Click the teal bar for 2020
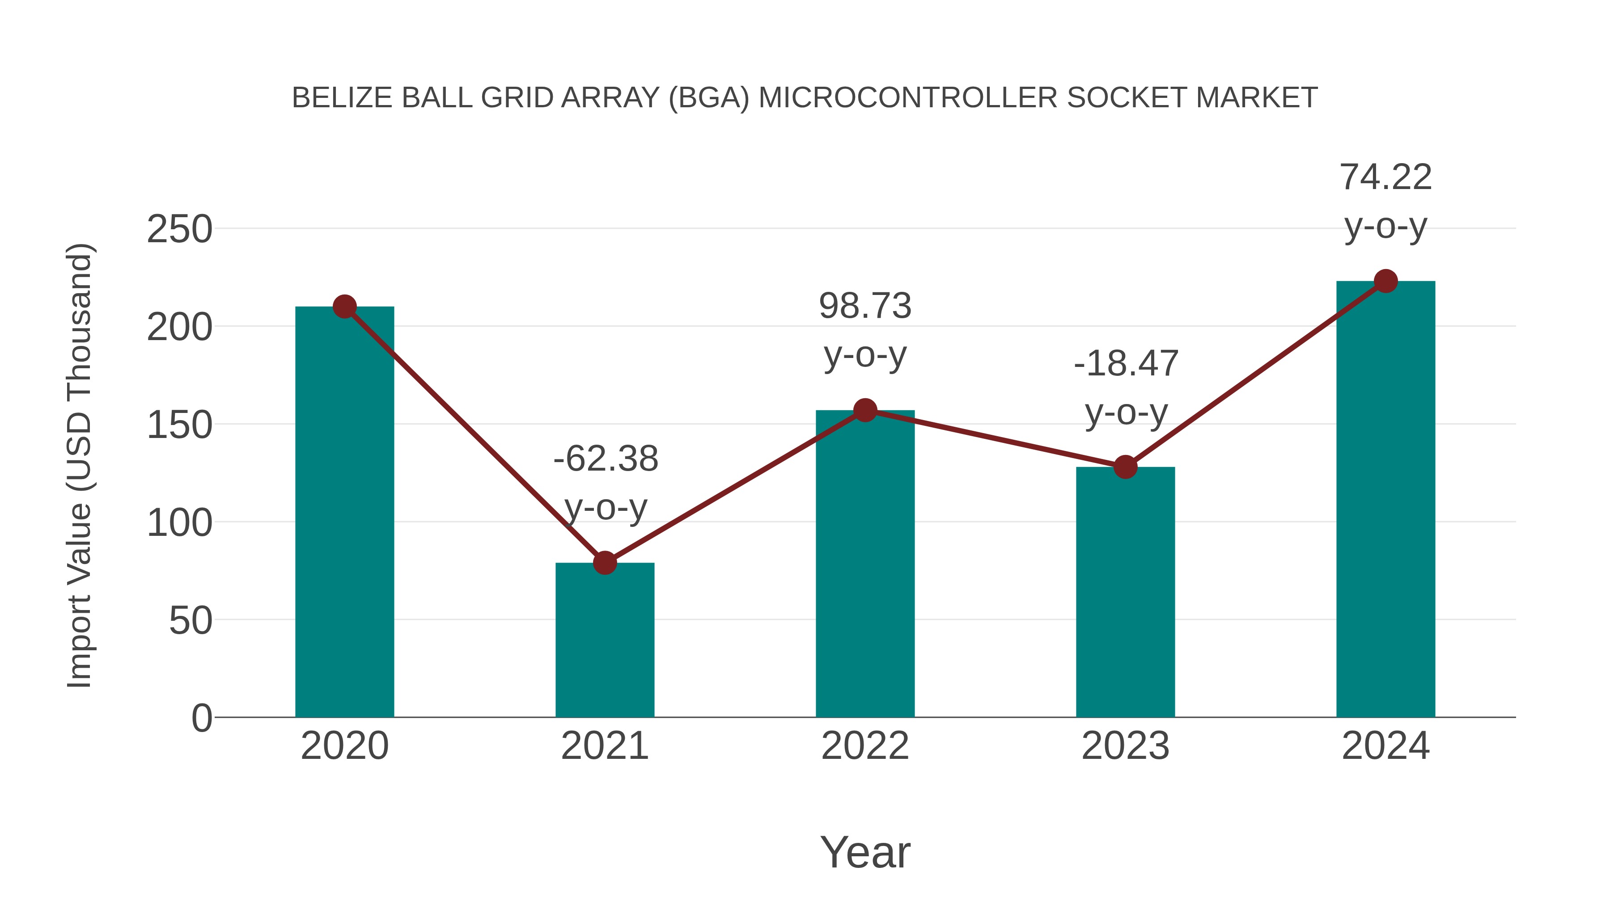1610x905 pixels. pos(344,512)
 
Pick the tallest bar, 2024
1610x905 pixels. pos(1385,500)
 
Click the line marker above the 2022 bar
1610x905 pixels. pos(865,410)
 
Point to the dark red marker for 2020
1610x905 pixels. pos(344,307)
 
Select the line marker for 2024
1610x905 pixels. pos(1385,281)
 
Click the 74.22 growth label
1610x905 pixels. pos(1385,177)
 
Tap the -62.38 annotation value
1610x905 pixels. pos(606,459)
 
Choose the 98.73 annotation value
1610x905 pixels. pos(865,306)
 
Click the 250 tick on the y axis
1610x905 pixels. pos(179,229)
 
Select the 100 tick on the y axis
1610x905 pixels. pos(179,523)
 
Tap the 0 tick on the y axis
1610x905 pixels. pos(201,718)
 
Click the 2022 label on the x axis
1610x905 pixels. pos(865,746)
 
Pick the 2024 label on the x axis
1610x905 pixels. pos(1385,746)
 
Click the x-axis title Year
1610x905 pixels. pos(865,853)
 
